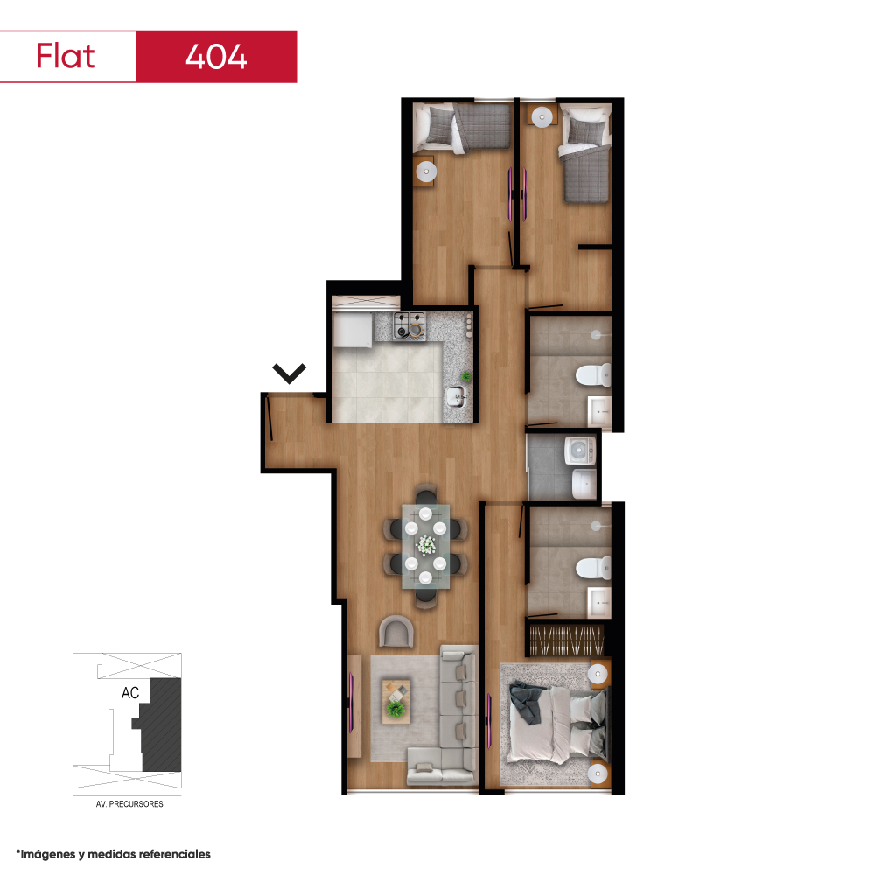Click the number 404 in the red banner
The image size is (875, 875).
[216, 57]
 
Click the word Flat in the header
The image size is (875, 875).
[66, 56]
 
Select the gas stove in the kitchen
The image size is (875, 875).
[409, 325]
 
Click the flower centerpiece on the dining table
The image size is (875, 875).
[426, 545]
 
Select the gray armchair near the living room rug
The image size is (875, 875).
[396, 631]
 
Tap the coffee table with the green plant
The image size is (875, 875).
[395, 701]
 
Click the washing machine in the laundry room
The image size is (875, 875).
[580, 451]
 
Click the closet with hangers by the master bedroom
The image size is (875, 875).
[566, 639]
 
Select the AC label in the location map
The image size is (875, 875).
[130, 692]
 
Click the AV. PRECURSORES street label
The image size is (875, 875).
[129, 804]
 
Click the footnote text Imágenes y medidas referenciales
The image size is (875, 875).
[115, 854]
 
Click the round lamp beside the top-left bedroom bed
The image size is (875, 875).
[426, 171]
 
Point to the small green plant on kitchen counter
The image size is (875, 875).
[466, 376]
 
